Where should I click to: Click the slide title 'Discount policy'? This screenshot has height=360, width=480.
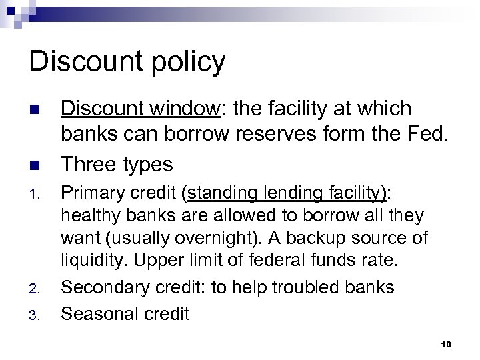tap(128, 62)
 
